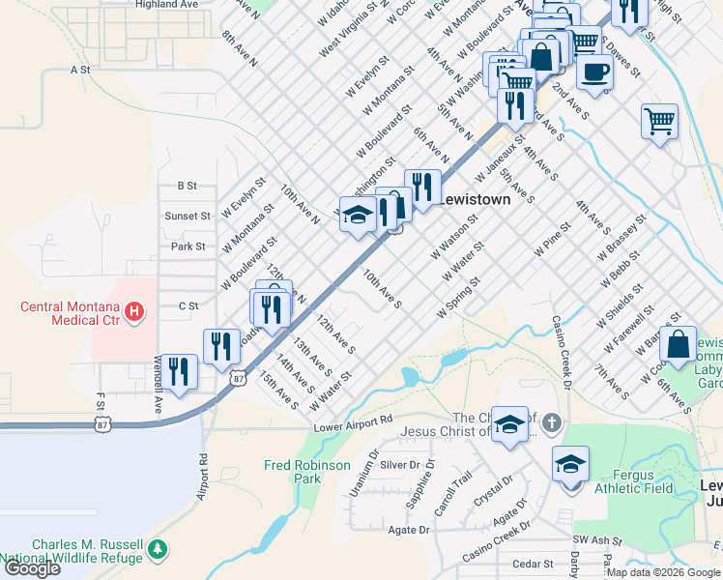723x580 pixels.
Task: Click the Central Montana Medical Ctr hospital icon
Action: pos(135,312)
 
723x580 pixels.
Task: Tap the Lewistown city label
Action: pos(475,199)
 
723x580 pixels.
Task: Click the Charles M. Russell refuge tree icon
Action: pos(158,550)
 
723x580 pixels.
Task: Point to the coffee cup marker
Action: pos(594,72)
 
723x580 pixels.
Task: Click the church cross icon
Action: pos(551,423)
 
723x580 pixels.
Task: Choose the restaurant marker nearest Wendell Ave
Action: pos(179,371)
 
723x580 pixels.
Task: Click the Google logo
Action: pos(32,568)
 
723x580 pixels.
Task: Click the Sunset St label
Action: pos(188,217)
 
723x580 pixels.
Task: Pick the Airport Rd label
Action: pos(203,477)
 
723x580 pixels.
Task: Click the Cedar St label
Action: pos(534,564)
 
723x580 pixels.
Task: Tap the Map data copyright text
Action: pos(662,572)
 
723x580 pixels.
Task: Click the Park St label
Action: pos(189,246)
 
